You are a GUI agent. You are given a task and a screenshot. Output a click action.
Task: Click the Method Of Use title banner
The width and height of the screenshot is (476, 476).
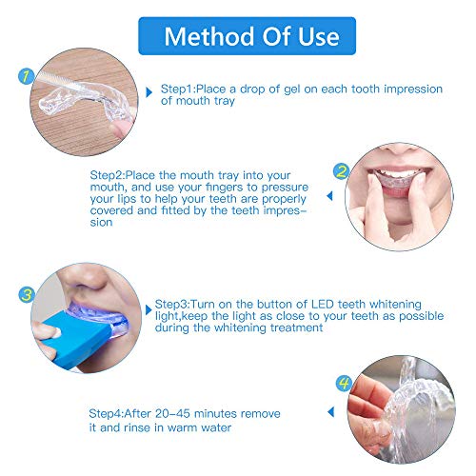(x=238, y=37)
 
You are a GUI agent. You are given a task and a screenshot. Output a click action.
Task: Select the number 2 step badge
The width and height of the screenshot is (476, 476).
(x=341, y=172)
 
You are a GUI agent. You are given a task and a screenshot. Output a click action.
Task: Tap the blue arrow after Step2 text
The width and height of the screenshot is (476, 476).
(x=329, y=197)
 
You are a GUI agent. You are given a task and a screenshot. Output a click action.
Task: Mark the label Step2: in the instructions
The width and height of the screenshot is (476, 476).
(x=110, y=176)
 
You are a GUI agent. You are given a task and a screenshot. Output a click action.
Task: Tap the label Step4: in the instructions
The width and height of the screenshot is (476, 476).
(x=110, y=412)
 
